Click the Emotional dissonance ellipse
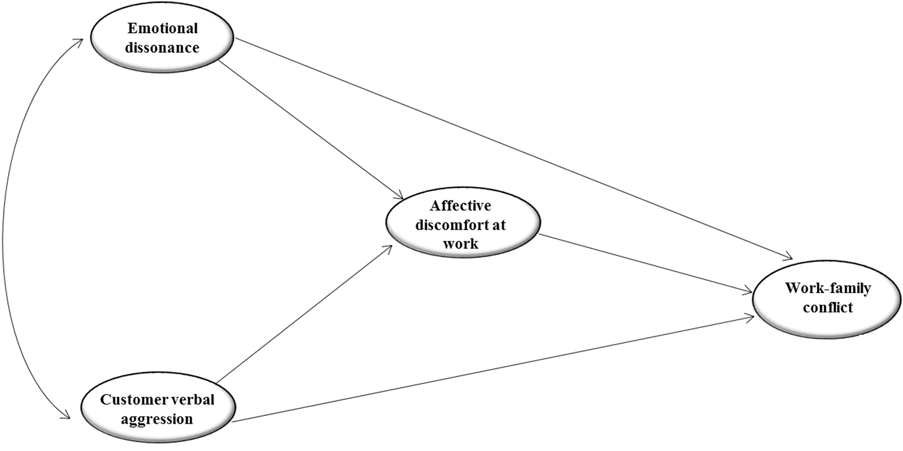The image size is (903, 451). click(x=162, y=38)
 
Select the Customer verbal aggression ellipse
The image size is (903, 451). click(x=158, y=409)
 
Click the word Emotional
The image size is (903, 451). click(x=163, y=28)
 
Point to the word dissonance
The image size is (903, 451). click(x=162, y=48)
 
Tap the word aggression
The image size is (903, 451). click(x=157, y=419)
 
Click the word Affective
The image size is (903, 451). click(x=460, y=205)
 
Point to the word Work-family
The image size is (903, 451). click(x=828, y=288)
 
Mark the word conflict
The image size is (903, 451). click(x=828, y=308)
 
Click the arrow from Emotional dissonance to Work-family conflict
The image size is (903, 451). click(x=514, y=149)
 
